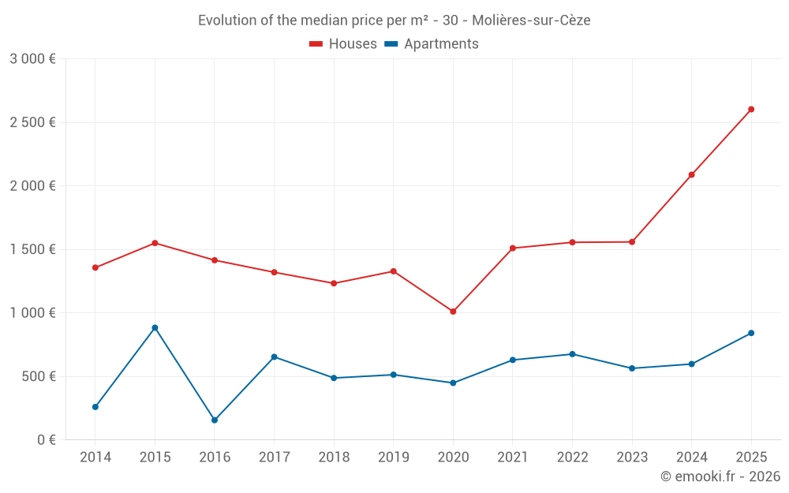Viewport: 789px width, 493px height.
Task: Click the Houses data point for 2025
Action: (751, 110)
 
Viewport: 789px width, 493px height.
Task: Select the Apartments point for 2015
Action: (155, 328)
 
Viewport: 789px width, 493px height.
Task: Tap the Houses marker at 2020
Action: (453, 312)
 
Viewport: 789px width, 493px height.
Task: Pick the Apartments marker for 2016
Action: (215, 420)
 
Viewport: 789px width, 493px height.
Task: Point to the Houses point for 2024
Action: (691, 175)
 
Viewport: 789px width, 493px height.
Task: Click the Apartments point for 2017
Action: (274, 357)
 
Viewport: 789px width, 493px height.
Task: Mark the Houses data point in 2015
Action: (155, 243)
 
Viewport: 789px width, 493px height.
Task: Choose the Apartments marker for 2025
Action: (751, 333)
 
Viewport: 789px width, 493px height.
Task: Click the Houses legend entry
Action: (343, 44)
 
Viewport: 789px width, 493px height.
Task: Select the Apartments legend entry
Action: (432, 44)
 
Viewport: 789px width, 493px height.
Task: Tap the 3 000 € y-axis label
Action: (32, 59)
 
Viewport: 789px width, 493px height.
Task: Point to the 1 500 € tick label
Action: (32, 249)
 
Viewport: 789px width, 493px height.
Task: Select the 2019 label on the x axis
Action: (393, 458)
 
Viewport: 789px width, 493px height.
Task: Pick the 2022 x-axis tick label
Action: (572, 458)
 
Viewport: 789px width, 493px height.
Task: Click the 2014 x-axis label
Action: (95, 458)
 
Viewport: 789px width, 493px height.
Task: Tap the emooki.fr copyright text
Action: (720, 476)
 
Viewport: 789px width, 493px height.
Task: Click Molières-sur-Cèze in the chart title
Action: (531, 21)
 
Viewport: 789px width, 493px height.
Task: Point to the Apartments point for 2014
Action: (95, 407)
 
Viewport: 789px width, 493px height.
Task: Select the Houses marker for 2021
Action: (513, 248)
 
